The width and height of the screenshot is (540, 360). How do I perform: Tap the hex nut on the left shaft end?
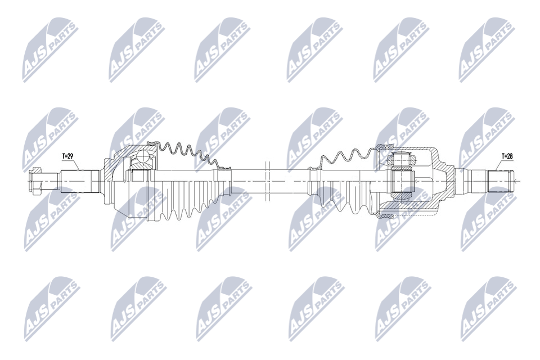click(x=35, y=180)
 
